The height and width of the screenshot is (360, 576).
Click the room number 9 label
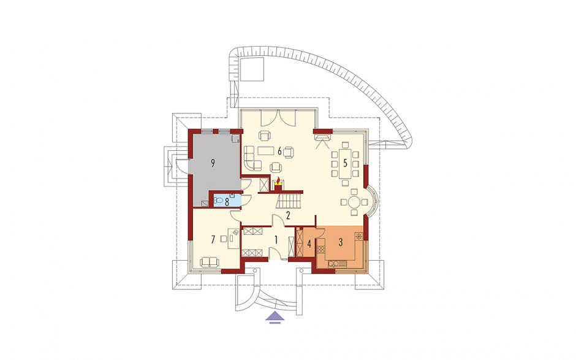(x=213, y=164)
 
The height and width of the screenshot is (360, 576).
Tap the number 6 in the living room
(x=280, y=151)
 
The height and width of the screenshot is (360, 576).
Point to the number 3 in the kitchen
(x=341, y=242)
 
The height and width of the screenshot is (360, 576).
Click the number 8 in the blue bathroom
(x=227, y=202)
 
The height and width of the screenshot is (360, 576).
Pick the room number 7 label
(x=213, y=240)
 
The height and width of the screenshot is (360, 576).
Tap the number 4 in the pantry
(x=309, y=243)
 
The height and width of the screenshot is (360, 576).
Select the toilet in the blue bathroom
(x=218, y=201)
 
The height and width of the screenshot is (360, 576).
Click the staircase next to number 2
(x=289, y=202)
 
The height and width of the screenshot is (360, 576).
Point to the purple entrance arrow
(x=274, y=317)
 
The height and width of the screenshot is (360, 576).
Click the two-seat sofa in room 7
(x=210, y=262)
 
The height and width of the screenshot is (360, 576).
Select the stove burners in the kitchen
(x=321, y=249)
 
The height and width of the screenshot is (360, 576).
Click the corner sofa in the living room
(x=252, y=158)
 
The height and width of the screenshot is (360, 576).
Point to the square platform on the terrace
(x=252, y=69)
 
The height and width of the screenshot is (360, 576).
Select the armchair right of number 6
(x=289, y=151)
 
